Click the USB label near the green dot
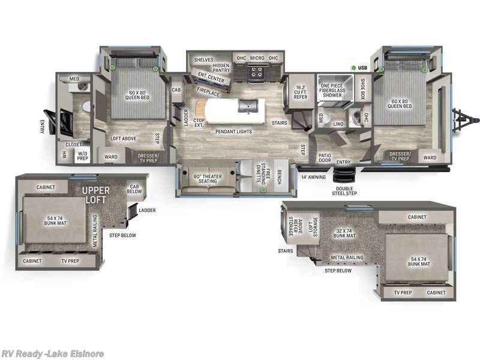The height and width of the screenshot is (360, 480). point(362,68)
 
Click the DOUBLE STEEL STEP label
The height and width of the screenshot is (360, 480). point(344,191)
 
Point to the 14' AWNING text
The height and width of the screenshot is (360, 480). point(313,176)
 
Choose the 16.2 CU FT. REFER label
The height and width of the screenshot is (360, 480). point(301,92)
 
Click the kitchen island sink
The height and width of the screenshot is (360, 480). point(247,107)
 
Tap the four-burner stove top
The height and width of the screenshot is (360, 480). point(257,73)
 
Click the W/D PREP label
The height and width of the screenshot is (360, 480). point(82,156)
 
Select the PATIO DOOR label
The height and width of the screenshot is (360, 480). point(325,158)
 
